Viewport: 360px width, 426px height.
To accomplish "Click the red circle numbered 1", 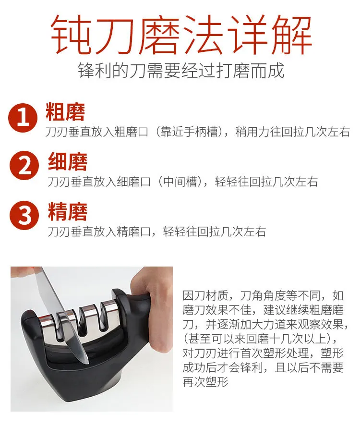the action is click(23, 118).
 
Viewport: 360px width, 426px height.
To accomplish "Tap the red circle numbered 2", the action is click(24, 165).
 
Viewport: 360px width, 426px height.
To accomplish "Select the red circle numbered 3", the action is click(24, 215).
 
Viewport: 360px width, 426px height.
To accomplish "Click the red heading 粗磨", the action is click(65, 111).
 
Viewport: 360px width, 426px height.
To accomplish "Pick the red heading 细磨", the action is click(68, 161).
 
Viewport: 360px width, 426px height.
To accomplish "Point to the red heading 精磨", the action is click(68, 212).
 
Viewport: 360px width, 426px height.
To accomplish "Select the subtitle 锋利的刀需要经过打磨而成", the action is click(181, 71).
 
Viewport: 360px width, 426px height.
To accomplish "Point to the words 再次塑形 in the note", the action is click(205, 382).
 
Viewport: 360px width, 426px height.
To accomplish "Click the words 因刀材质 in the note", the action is click(205, 295).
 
